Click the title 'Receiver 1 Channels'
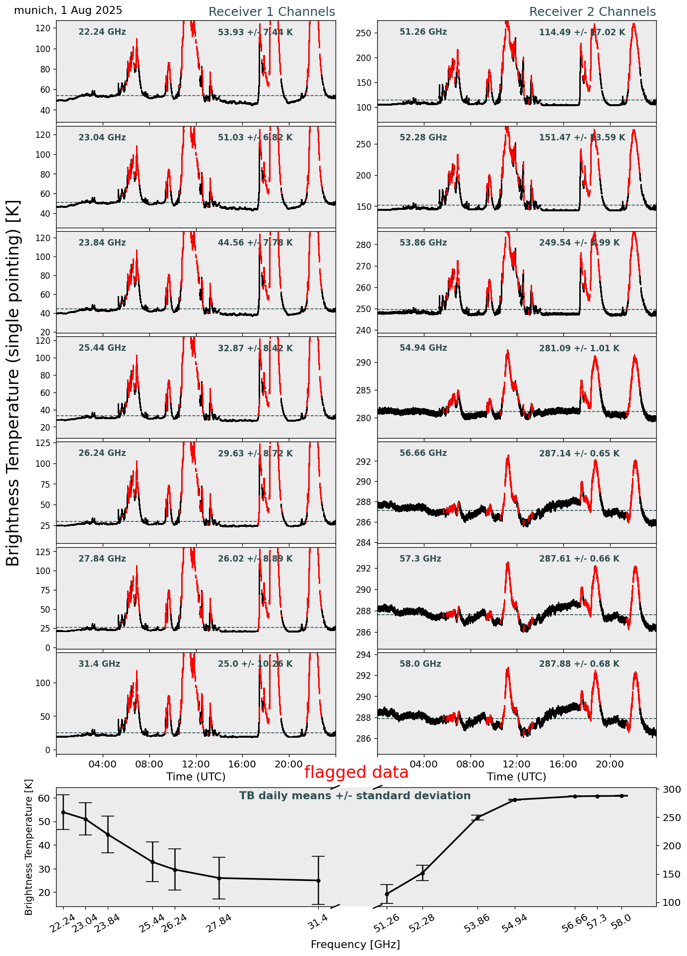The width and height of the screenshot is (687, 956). [x=272, y=12]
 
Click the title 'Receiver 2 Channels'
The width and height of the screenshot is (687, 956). [x=592, y=12]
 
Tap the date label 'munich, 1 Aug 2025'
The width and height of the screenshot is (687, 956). [x=68, y=10]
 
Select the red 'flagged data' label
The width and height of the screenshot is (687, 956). [x=356, y=772]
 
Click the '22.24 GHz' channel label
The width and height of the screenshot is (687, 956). [x=102, y=32]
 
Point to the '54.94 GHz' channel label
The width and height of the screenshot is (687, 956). [x=423, y=348]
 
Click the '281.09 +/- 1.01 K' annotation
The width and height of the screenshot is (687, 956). [x=579, y=348]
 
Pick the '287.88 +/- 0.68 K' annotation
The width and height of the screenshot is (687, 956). [x=579, y=664]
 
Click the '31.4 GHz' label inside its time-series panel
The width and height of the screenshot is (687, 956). [x=99, y=664]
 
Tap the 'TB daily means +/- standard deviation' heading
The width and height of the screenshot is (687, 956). [x=355, y=796]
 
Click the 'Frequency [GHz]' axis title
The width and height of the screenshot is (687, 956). [x=355, y=944]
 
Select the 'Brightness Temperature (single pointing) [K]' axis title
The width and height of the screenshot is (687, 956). [x=13, y=382]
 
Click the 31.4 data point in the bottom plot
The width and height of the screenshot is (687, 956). [x=318, y=881]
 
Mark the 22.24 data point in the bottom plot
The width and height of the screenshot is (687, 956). [x=63, y=812]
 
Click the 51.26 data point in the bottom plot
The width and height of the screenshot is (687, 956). [x=387, y=894]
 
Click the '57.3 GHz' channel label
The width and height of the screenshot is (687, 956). [x=420, y=559]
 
